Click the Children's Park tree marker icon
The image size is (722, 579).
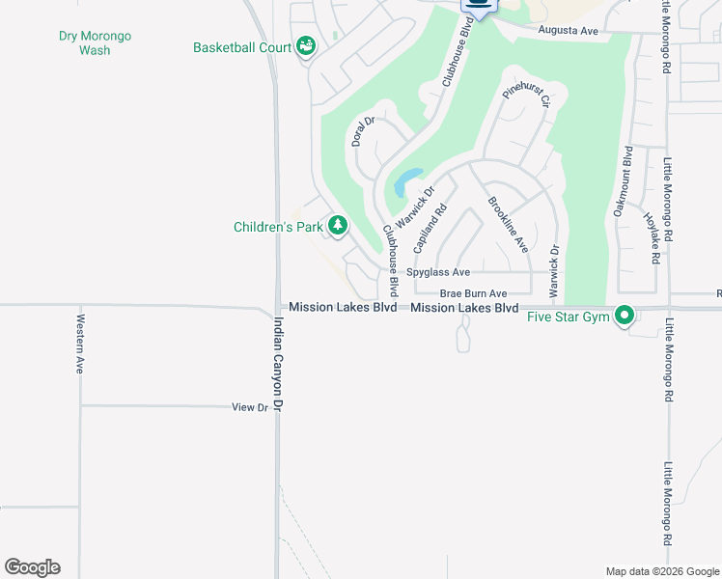[x=337, y=226]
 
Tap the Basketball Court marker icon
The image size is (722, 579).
[x=306, y=45]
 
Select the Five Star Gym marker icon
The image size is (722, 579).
[x=625, y=315]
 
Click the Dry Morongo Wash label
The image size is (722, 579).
[x=95, y=43]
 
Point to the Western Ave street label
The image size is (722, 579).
[x=81, y=345]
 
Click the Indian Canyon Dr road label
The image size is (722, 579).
[x=278, y=367]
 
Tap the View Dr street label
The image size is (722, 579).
[x=249, y=408]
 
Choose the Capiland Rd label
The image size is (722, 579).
[x=430, y=229]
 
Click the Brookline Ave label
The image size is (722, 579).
[x=508, y=225]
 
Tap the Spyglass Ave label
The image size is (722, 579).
[x=438, y=273]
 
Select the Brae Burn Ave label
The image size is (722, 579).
[x=473, y=293]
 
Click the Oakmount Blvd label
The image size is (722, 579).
[x=623, y=181]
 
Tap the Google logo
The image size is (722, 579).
[x=32, y=567]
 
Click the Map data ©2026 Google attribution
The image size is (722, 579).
[x=660, y=571]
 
